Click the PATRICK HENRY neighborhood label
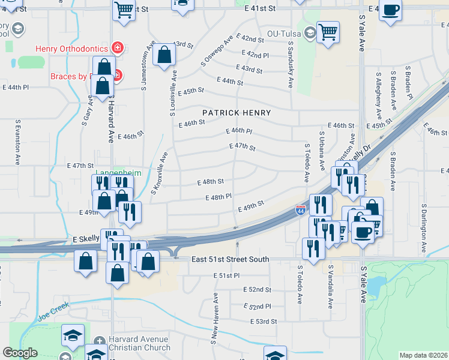tap(237, 113)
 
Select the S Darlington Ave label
tap(424, 227)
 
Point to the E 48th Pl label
tap(218, 197)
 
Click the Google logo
tap(20, 353)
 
